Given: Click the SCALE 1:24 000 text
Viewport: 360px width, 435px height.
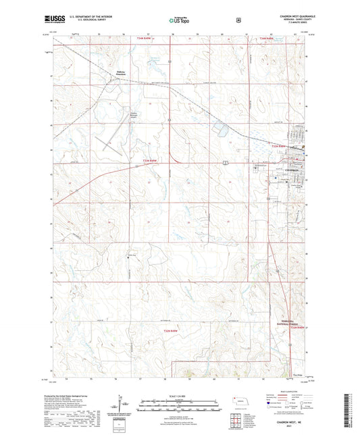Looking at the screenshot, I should click(x=179, y=395).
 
